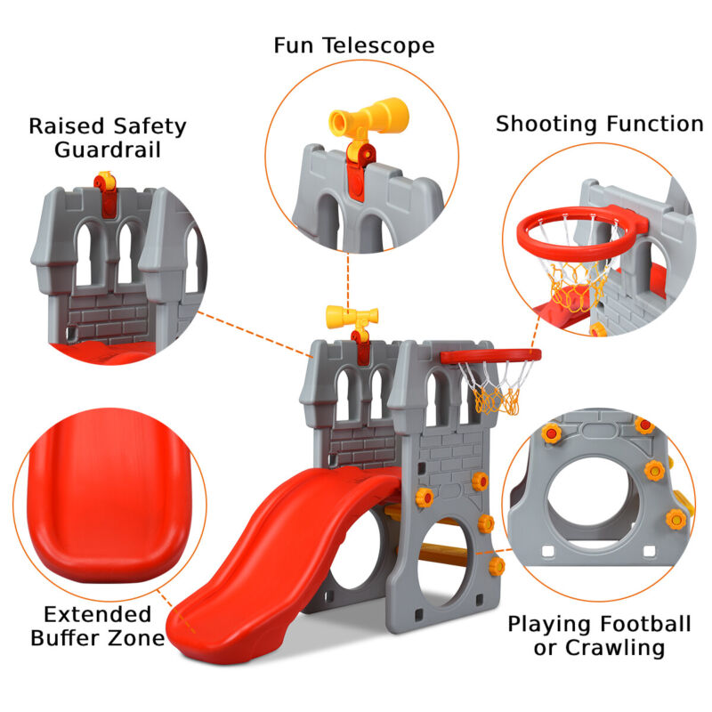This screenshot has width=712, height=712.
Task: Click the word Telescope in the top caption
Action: [x=379, y=44]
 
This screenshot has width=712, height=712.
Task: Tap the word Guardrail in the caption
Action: [x=108, y=149]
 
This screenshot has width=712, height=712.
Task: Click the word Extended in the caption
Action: [x=98, y=614]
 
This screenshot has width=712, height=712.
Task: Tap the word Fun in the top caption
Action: [x=295, y=44]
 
